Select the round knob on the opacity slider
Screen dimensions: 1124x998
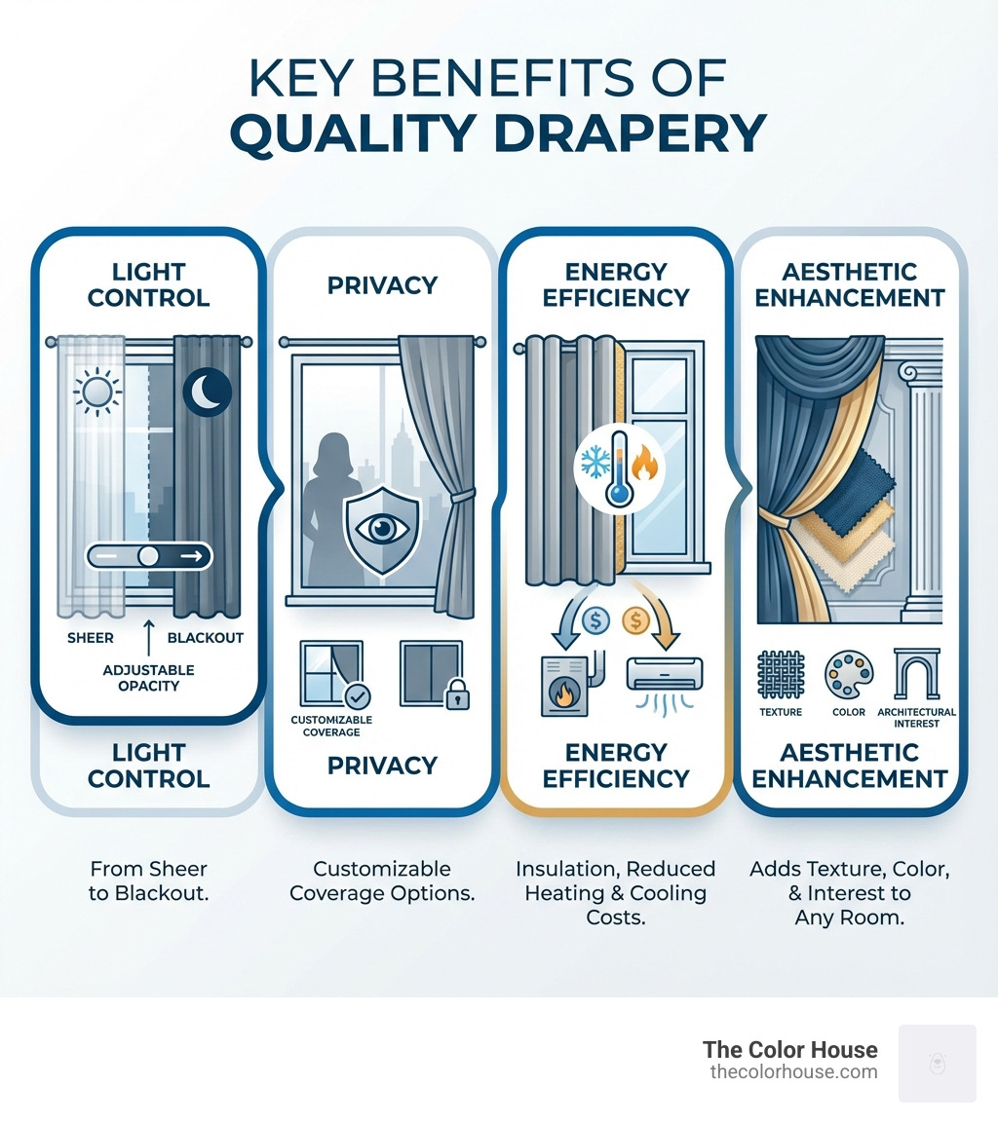pyautogui.click(x=148, y=555)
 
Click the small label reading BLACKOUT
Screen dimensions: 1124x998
pyautogui.click(x=206, y=638)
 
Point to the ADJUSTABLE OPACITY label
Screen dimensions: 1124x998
pyautogui.click(x=148, y=678)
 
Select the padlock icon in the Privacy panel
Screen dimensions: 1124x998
pyautogui.click(x=455, y=693)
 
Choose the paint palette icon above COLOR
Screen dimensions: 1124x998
pyautogui.click(x=848, y=674)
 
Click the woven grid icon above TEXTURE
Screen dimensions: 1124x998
pyautogui.click(x=781, y=674)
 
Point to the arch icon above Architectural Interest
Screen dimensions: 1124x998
pyautogui.click(x=916, y=673)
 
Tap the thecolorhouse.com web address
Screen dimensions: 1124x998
pyautogui.click(x=793, y=1071)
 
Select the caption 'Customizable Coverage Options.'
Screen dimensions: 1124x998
pyautogui.click(x=382, y=880)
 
